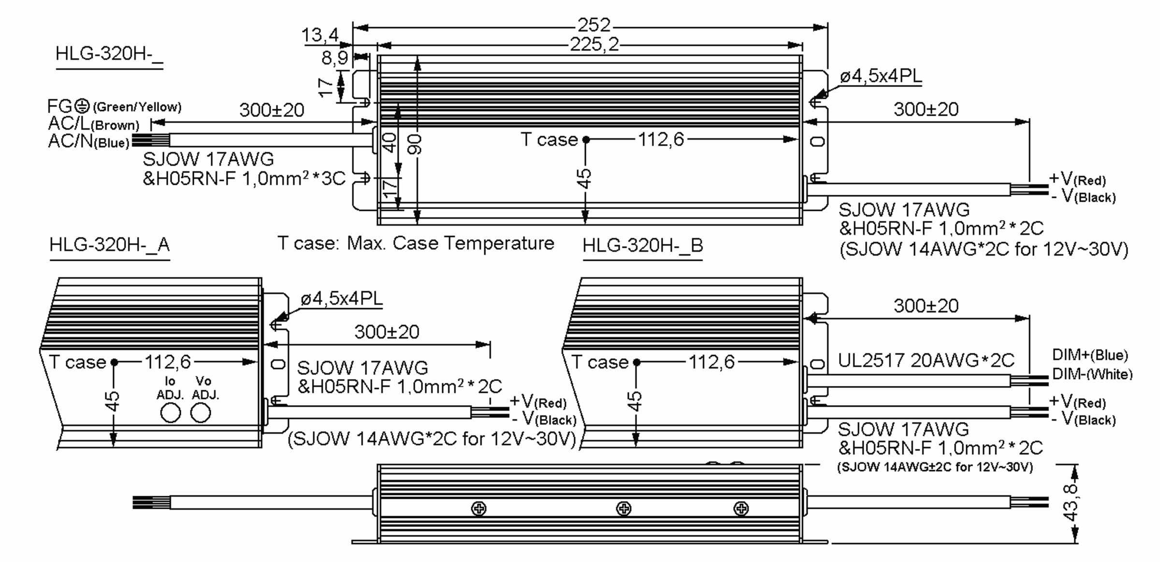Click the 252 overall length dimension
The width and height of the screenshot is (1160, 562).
tap(594, 25)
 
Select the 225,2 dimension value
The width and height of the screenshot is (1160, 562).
tap(594, 45)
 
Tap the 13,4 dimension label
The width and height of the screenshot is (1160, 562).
tap(320, 35)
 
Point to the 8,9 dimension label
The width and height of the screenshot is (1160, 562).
tap(334, 58)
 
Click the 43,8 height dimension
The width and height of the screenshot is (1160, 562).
tap(1071, 503)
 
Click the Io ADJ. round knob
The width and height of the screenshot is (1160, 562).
tap(171, 413)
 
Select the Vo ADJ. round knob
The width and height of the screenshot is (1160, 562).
tap(201, 413)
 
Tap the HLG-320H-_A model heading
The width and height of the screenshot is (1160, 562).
tap(110, 245)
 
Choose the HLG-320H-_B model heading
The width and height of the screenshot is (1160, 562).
tap(642, 246)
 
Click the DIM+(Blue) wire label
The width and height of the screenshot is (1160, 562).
tap(1090, 355)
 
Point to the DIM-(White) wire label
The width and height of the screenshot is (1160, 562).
tap(1092, 374)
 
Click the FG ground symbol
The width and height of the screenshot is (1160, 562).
tap(83, 106)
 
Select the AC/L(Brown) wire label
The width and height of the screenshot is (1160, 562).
tap(93, 124)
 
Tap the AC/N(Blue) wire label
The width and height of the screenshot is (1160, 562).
tap(89, 142)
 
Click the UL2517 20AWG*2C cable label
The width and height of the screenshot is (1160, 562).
tap(926, 361)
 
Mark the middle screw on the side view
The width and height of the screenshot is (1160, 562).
tap(623, 509)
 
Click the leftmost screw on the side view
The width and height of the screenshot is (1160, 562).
tap(478, 509)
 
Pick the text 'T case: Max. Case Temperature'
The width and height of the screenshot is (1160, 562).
tap(416, 243)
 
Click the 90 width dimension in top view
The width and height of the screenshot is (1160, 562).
tap(415, 144)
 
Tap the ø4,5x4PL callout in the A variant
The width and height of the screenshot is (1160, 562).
tap(341, 299)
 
